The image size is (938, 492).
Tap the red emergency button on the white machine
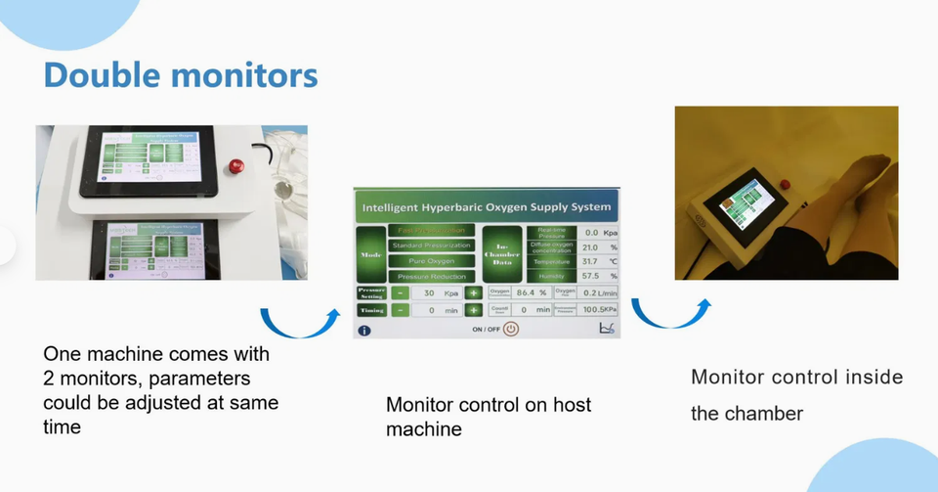pyautogui.click(x=234, y=164)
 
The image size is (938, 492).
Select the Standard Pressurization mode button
pyautogui.click(x=433, y=246)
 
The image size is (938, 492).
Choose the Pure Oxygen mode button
pyautogui.click(x=433, y=261)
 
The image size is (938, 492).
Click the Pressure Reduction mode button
pyautogui.click(x=433, y=277)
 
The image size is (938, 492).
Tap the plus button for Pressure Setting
pyautogui.click(x=474, y=292)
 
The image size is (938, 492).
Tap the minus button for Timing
pyautogui.click(x=401, y=310)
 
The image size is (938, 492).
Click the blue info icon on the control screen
pyautogui.click(x=364, y=330)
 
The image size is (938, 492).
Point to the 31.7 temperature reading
pyautogui.click(x=589, y=262)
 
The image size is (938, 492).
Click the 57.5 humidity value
pyautogui.click(x=589, y=277)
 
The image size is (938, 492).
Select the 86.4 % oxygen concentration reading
pyautogui.click(x=531, y=292)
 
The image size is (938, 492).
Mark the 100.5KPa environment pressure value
pyautogui.click(x=598, y=310)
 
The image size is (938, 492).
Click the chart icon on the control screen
pyautogui.click(x=605, y=330)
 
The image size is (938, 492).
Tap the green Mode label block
pyautogui.click(x=371, y=253)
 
